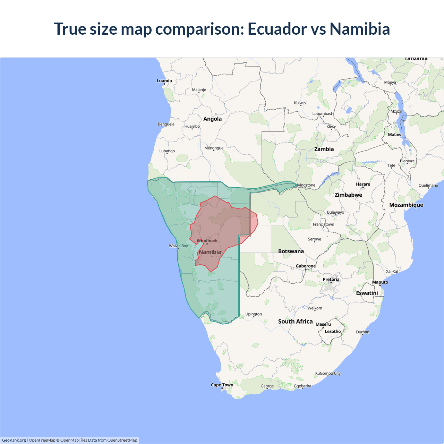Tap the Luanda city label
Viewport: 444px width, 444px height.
(x=164, y=81)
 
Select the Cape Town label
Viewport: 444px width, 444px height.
(x=222, y=385)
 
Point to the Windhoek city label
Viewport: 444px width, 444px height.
(x=207, y=241)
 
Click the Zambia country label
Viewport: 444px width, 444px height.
(x=324, y=149)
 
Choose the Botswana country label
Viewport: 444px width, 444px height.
(x=291, y=251)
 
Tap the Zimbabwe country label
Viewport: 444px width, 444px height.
(x=348, y=195)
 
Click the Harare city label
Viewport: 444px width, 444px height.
(x=363, y=184)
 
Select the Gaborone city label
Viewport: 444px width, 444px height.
(x=306, y=266)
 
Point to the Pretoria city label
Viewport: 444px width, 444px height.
(x=331, y=279)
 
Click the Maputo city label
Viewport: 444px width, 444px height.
(x=380, y=282)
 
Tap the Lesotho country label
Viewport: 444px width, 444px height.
(x=333, y=331)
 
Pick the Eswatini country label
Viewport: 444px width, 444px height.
(x=367, y=293)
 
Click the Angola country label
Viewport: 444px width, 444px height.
(x=212, y=119)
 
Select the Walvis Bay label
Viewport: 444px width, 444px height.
(x=178, y=246)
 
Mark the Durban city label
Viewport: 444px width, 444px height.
(x=362, y=332)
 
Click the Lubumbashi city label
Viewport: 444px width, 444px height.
(x=323, y=113)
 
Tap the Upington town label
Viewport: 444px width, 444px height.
(x=254, y=314)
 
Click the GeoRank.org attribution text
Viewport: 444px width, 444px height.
(x=14, y=440)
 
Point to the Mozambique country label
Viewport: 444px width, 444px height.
(x=406, y=205)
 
